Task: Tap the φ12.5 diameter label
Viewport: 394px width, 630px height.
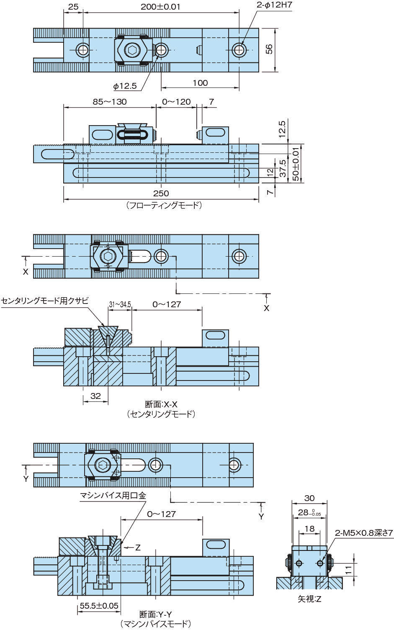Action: (125, 86)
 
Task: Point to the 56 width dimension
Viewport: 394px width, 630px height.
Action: (270, 49)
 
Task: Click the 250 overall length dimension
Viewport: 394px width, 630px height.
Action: (161, 193)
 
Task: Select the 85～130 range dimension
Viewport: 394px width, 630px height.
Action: (109, 102)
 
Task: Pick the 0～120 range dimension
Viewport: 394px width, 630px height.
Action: (176, 102)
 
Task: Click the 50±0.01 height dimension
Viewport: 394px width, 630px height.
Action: (296, 163)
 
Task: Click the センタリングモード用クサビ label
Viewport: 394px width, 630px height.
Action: (45, 301)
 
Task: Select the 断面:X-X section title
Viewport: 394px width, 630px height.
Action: (161, 404)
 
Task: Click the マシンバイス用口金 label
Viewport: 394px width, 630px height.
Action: (113, 496)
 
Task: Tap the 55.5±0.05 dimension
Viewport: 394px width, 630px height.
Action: (99, 606)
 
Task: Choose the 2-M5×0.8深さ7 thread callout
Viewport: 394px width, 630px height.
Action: (364, 533)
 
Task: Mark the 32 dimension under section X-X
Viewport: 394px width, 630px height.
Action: (95, 396)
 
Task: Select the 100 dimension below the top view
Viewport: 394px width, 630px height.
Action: (200, 83)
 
